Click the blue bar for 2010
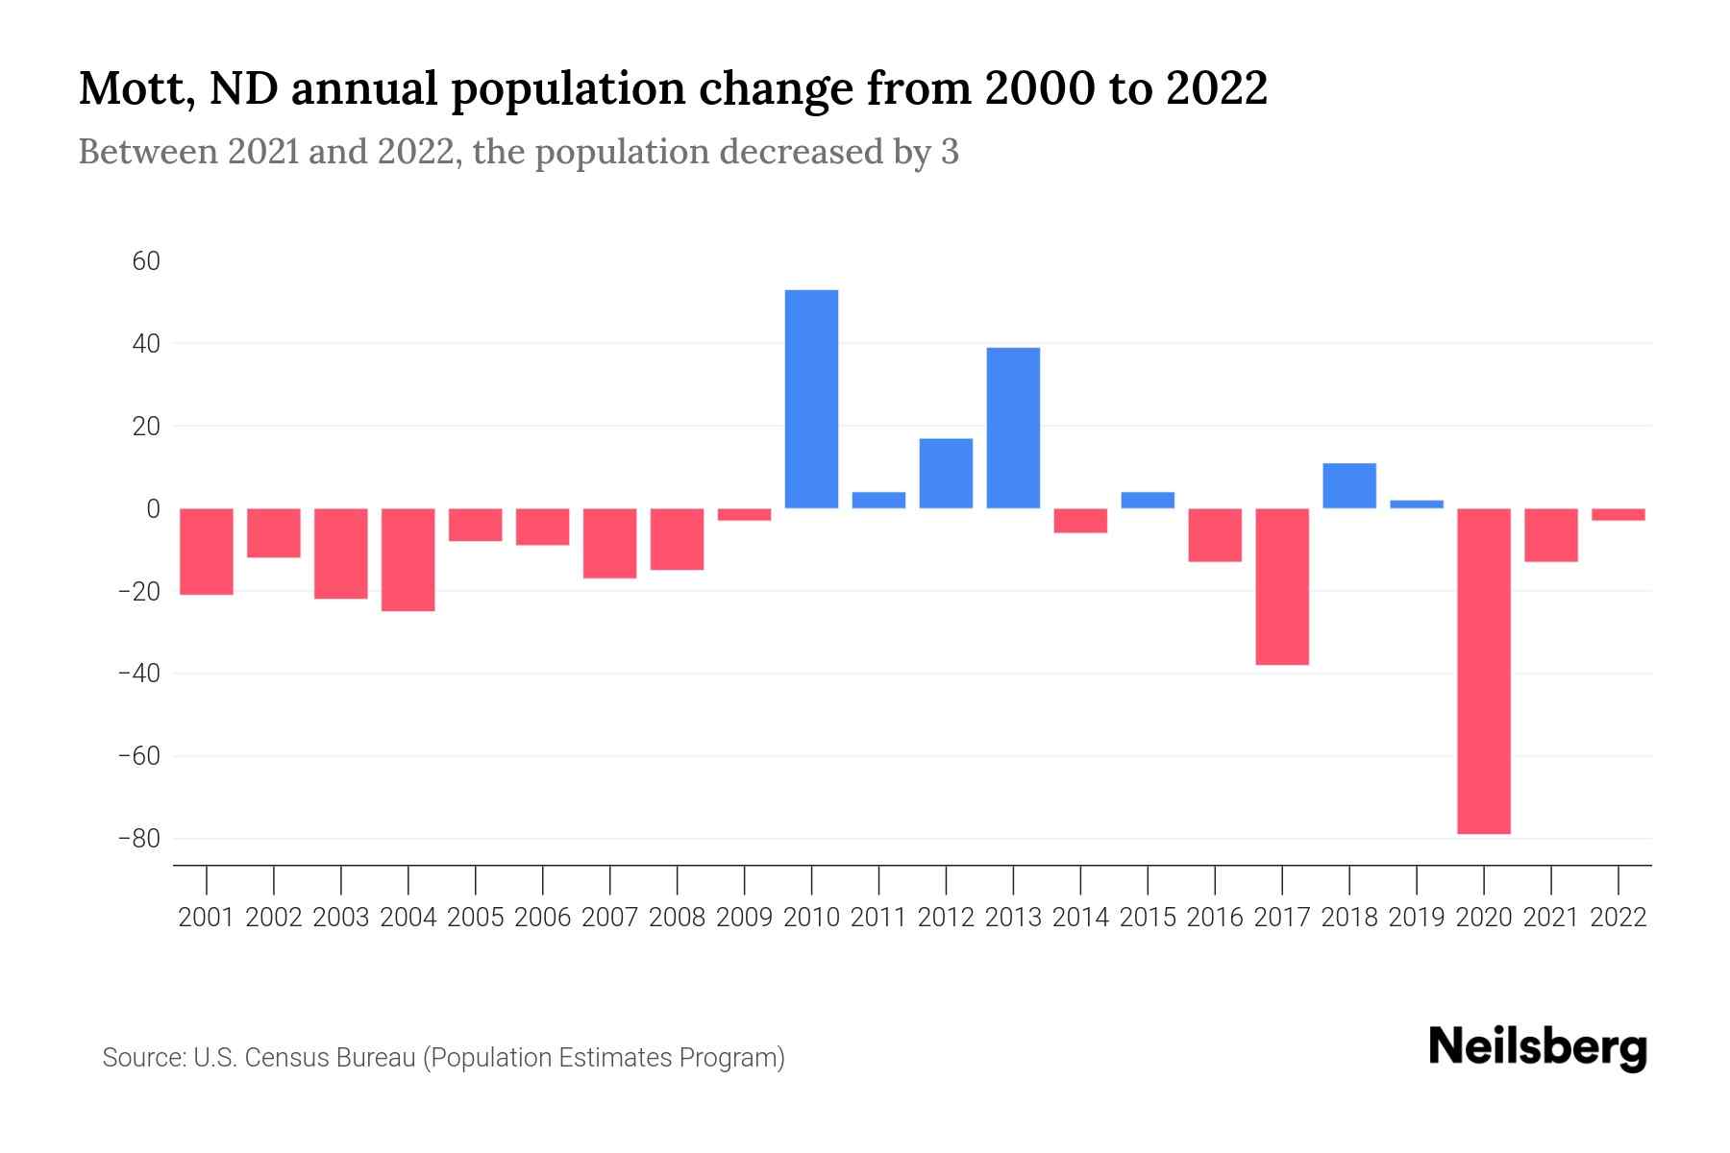811,399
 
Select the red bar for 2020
1483,671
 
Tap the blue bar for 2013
1013,428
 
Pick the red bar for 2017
1282,586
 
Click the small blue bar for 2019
1416,503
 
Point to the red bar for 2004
408,559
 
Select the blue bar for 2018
1348,485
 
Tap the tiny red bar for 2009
744,514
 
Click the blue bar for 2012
946,473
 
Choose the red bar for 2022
1618,514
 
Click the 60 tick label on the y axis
146,261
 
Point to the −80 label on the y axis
138,839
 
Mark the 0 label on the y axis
153,508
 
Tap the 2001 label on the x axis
207,918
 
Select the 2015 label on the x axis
1148,918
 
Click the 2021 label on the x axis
1550,918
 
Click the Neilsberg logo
1538,1048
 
